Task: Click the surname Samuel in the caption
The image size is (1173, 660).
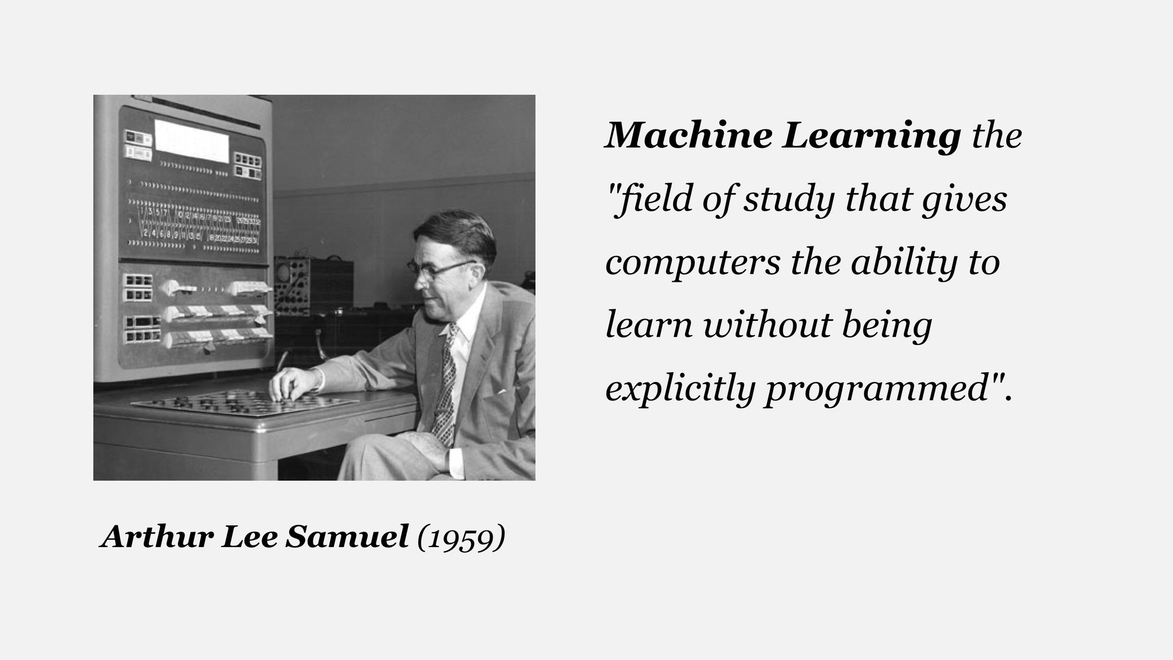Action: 347,537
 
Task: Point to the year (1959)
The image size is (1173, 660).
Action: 462,537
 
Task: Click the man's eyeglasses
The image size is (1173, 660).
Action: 435,268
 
